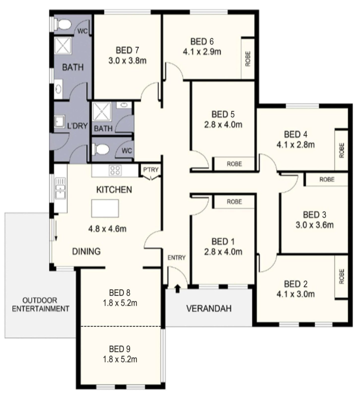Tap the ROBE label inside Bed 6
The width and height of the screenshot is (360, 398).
(x=248, y=58)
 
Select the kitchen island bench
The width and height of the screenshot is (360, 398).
(x=105, y=208)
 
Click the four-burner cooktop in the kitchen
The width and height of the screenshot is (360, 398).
(x=115, y=169)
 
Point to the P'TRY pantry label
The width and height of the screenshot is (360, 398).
(x=150, y=169)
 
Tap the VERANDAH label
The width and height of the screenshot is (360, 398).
(x=209, y=309)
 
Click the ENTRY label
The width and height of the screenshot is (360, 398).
(x=177, y=257)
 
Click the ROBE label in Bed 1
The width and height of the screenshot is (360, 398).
(x=234, y=202)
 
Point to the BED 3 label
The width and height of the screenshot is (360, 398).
(x=314, y=215)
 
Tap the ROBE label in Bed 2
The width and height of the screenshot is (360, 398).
(x=341, y=277)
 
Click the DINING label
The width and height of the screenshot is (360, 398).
(x=86, y=251)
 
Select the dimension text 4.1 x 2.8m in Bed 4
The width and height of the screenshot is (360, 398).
(x=295, y=145)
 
